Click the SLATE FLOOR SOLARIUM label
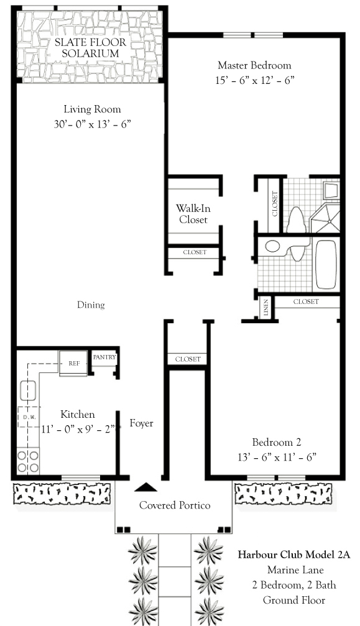[x=90, y=48]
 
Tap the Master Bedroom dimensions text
[x=255, y=80]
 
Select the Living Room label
[x=92, y=109]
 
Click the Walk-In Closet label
[x=193, y=214]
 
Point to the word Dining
[x=91, y=305]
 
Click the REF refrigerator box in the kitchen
[x=73, y=363]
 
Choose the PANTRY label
[x=104, y=357]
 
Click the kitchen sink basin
[x=29, y=390]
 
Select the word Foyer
[x=141, y=423]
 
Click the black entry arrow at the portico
[x=145, y=487]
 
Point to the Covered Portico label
[x=175, y=505]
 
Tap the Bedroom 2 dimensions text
[x=277, y=457]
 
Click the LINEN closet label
[x=266, y=308]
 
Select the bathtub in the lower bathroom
[x=326, y=264]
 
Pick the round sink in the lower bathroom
[x=272, y=246]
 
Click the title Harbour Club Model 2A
[x=294, y=555]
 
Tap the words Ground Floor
[x=294, y=600]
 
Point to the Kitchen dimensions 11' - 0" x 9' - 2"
[x=78, y=430]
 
